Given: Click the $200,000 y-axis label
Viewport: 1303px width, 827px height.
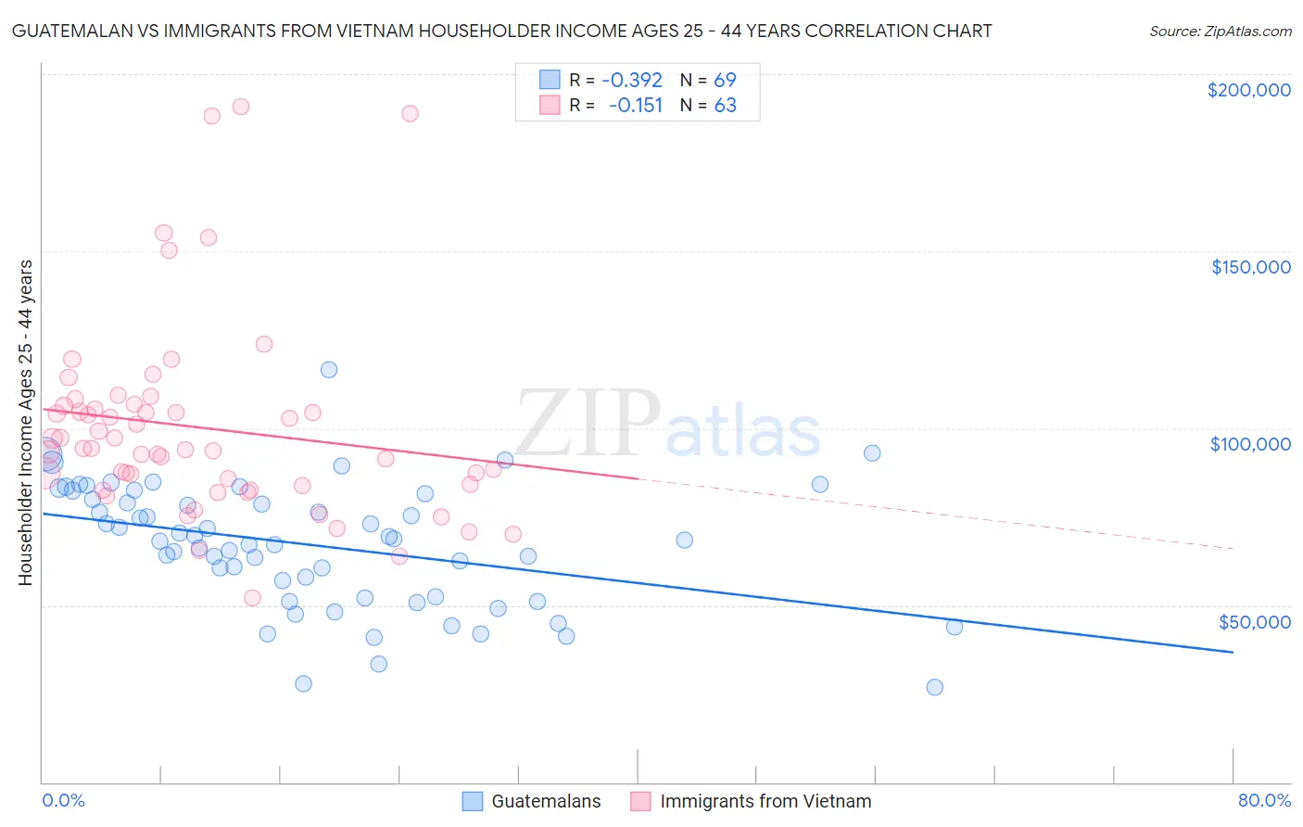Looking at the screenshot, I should pos(1248,90).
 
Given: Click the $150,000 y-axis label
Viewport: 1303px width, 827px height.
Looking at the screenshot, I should pos(1250,267).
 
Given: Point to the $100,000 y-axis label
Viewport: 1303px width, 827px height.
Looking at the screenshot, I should pos(1250,444).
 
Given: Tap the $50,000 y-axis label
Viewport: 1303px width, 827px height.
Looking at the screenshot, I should pos(1254,622).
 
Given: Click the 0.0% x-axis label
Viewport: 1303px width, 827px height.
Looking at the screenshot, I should pos(63,800).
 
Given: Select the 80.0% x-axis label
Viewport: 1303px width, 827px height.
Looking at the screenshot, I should pos(1264,800).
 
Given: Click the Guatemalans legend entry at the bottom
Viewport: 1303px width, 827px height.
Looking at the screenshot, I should pos(545,801).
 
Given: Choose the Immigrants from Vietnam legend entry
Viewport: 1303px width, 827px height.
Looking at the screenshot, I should pos(765,801).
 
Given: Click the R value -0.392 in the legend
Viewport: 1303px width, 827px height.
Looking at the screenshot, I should pos(632,80).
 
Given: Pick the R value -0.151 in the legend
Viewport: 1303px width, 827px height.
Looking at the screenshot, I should pos(635,106).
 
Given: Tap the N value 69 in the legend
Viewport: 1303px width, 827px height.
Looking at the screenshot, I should pos(725,80).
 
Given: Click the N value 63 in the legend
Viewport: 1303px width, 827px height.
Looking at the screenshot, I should pos(725,106).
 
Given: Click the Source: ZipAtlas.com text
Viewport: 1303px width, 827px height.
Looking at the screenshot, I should pos(1220,32).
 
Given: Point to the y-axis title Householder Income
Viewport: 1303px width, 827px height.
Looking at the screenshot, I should pos(25,422).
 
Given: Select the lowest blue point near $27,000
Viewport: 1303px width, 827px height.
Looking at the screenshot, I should pos(934,687).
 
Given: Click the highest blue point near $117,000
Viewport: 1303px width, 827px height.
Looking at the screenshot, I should pos(329,370).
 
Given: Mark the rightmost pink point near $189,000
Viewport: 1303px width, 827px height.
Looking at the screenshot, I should pos(410,113).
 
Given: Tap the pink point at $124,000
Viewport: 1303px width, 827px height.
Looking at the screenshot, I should pos(264,344).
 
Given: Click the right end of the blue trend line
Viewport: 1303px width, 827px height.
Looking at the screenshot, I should pos(1233,653).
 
